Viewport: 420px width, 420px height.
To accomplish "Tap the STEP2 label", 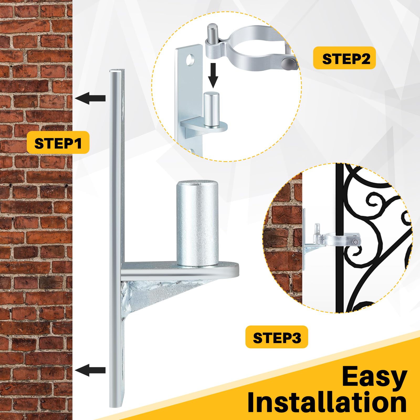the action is click(x=344, y=58).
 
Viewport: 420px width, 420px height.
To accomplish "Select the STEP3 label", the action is click(x=277, y=337).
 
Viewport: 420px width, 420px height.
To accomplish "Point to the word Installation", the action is click(x=327, y=403).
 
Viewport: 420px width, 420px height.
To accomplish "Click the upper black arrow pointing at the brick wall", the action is click(x=90, y=98).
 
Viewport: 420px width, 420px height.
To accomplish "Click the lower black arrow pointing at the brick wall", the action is click(x=90, y=370).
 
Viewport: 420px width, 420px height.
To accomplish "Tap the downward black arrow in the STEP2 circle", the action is click(x=213, y=75).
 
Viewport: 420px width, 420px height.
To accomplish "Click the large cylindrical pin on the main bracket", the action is click(x=197, y=223).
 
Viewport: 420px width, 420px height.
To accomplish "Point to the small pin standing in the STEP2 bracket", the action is click(x=211, y=109).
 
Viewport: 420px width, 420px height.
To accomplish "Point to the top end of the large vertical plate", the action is click(x=117, y=70).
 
